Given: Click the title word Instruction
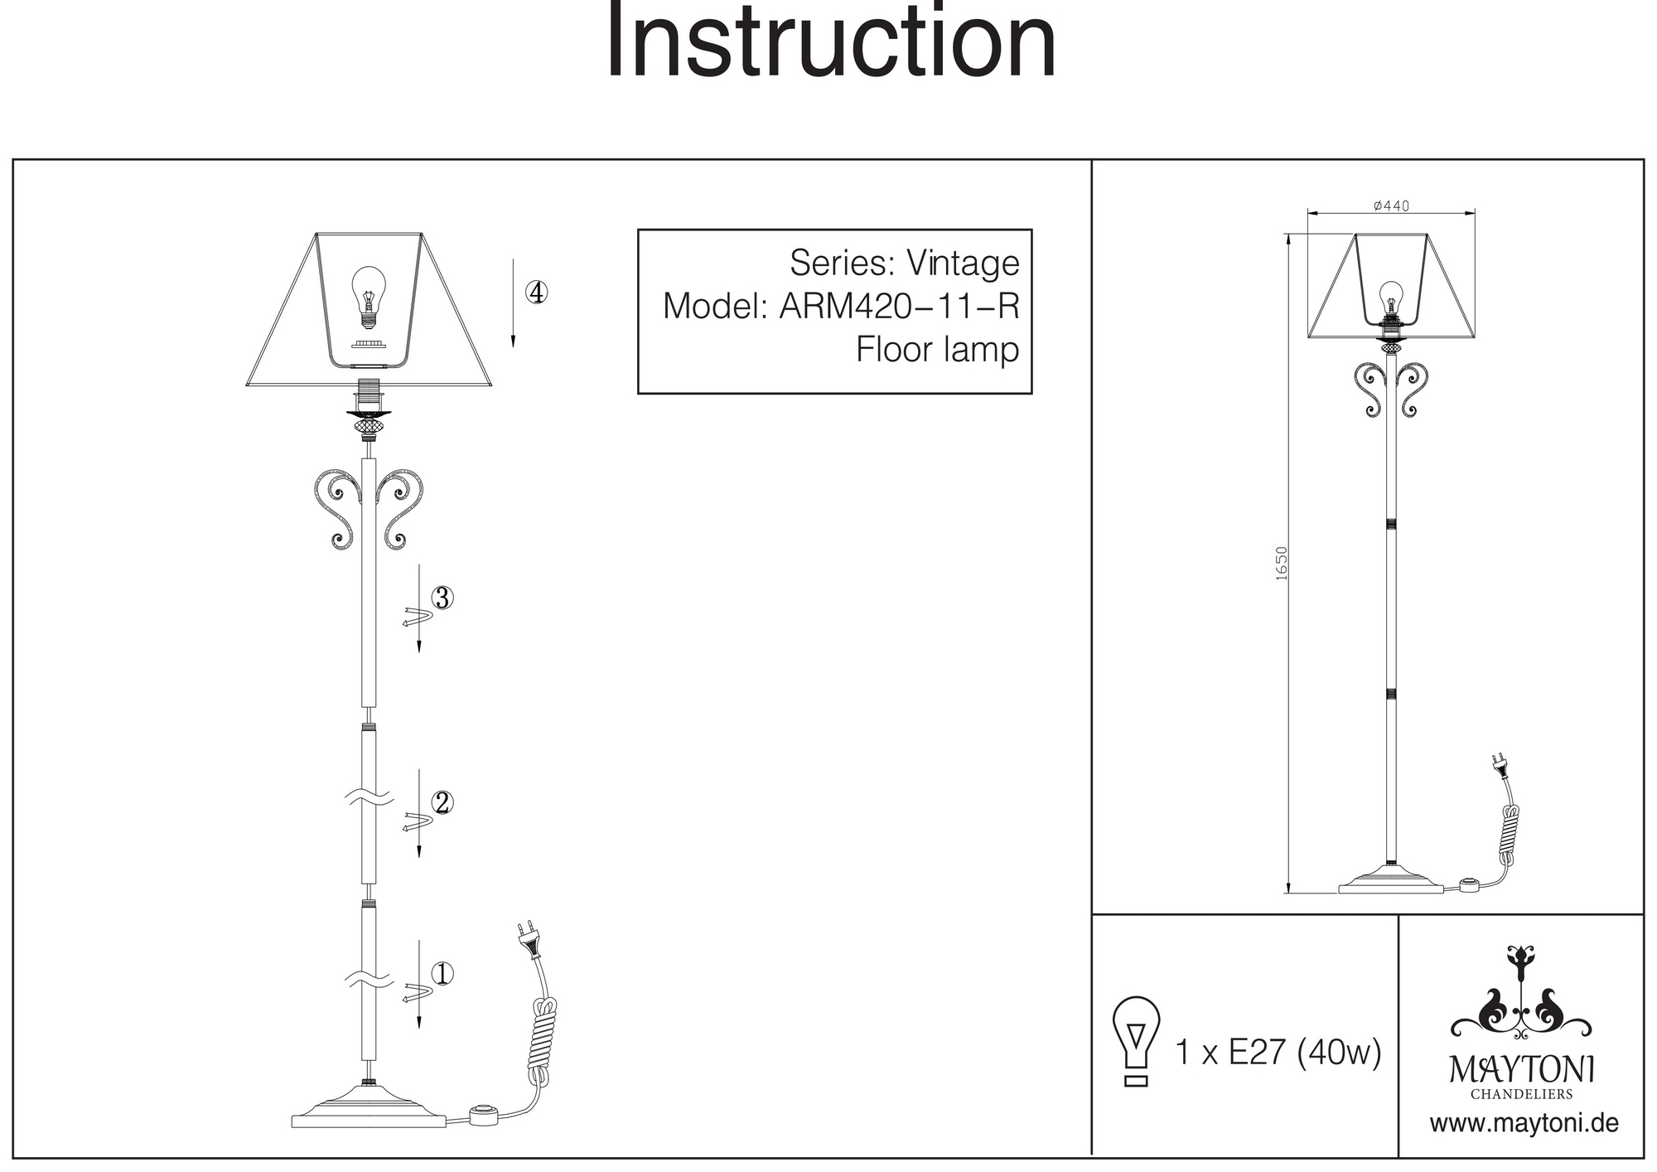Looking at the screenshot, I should [831, 43].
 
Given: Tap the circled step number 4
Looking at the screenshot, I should [537, 293].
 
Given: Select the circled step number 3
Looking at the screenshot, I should [442, 598].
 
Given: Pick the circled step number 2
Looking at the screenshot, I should [442, 802].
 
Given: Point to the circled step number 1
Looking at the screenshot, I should [442, 973].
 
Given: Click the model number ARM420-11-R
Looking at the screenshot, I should [899, 307].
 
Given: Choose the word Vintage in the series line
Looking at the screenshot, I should [963, 264].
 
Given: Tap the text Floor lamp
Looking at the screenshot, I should [937, 350].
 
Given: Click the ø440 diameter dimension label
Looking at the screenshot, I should [1391, 206].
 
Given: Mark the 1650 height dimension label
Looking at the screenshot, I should [1282, 563].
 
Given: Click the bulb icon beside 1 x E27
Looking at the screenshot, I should [1137, 1041].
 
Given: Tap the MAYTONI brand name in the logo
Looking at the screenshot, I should [1521, 1070].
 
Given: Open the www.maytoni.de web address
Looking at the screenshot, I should [1524, 1124].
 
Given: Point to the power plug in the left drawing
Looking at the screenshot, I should [528, 940].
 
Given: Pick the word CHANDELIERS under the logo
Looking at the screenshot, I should [1521, 1094].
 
